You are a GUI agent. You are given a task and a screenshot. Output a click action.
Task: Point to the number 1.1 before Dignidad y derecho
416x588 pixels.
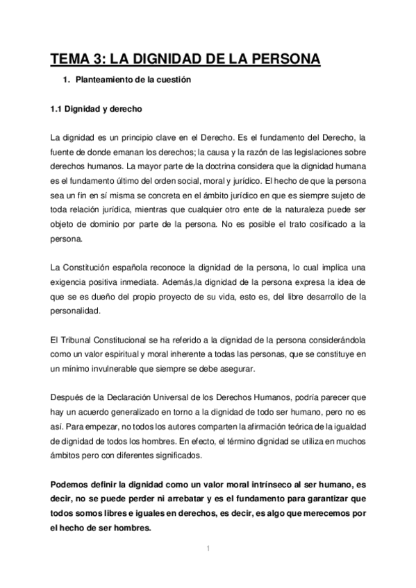click(58, 109)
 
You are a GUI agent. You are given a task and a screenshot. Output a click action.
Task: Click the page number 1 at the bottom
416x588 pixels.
click(208, 549)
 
